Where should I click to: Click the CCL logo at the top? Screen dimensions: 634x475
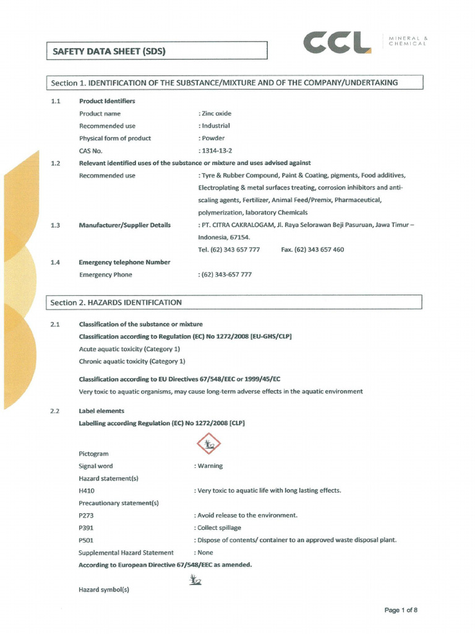(x=338, y=43)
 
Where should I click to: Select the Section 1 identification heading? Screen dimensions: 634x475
(x=225, y=83)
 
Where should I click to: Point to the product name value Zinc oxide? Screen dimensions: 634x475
(x=215, y=114)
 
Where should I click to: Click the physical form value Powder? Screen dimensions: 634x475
(x=212, y=138)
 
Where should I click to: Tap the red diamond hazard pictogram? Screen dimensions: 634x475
(x=208, y=444)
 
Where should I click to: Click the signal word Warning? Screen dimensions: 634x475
(x=209, y=466)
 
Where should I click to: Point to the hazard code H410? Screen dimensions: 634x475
(x=87, y=490)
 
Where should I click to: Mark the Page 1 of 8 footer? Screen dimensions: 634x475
(x=401, y=610)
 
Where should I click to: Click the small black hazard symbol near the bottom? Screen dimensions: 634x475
(x=195, y=580)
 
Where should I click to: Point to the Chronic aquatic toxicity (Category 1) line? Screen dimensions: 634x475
(x=132, y=361)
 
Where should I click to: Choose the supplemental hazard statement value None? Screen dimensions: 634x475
(x=205, y=552)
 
